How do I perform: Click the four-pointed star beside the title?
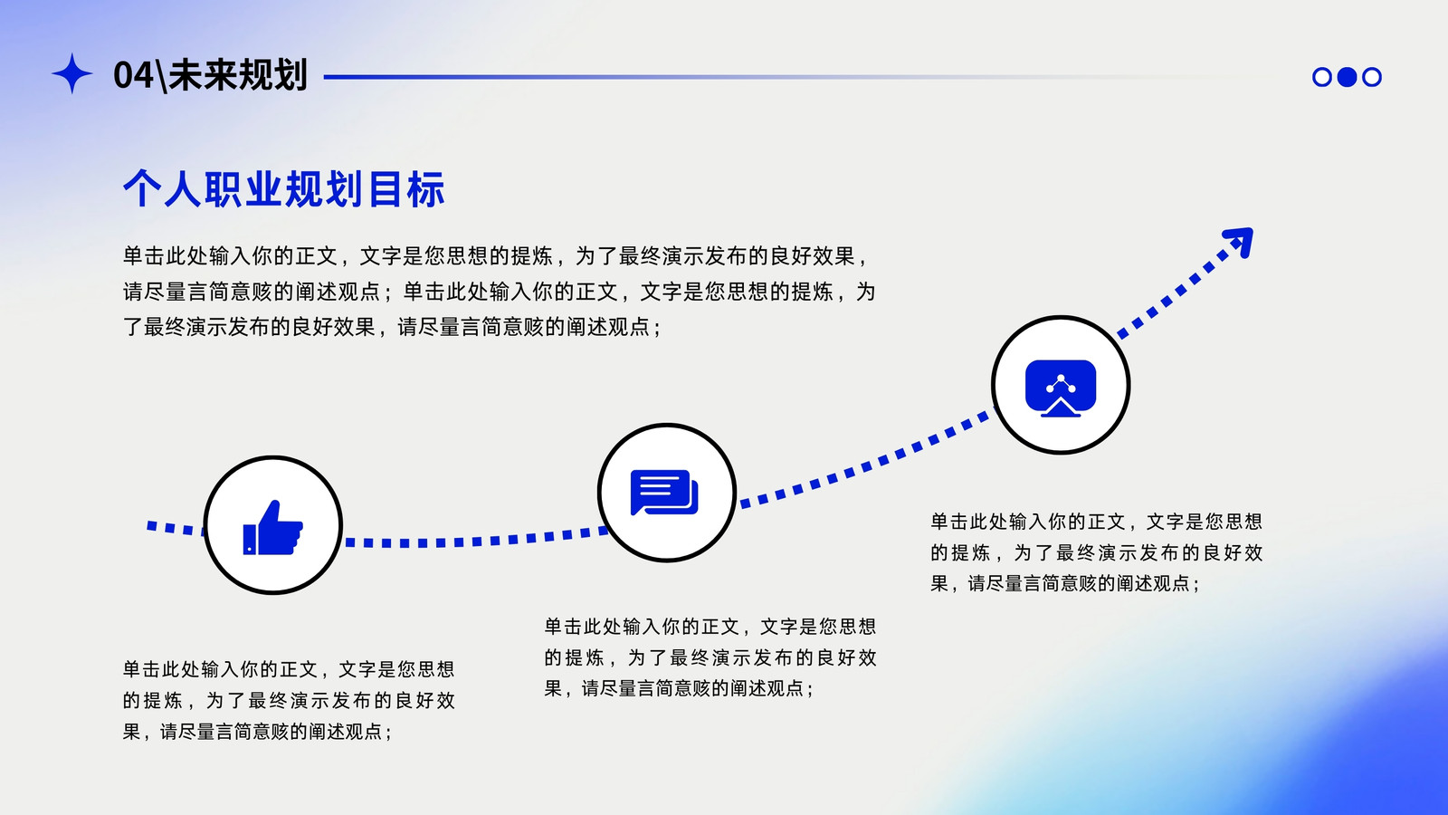pos(71,73)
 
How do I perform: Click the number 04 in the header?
pos(134,75)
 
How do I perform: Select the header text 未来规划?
pos(237,75)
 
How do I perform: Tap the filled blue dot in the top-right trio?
pos(1347,77)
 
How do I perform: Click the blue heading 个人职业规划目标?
pos(284,189)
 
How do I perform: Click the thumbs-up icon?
pos(272,528)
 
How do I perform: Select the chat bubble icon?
pos(664,493)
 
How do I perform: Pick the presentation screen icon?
pos(1060,388)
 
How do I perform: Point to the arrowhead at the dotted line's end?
pos(1240,241)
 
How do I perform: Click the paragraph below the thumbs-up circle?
pos(289,700)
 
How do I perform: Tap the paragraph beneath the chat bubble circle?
pos(710,657)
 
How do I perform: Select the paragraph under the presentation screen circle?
pos(1096,552)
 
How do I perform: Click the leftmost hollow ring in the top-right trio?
pos(1322,77)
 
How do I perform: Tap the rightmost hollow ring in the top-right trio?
pos(1372,77)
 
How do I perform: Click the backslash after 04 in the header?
pos(161,76)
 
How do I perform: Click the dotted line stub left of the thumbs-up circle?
pos(176,528)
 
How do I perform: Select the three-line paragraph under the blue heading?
pos(499,291)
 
